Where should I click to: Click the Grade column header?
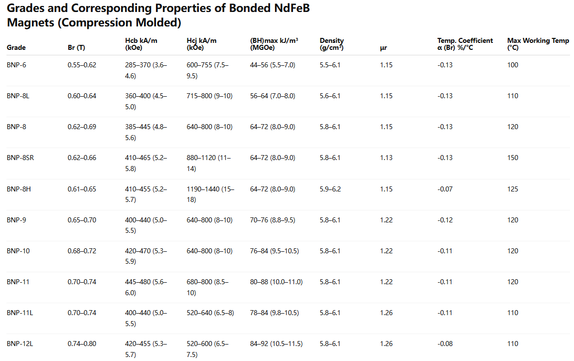[x=16, y=48]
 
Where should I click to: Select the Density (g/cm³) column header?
[x=331, y=44]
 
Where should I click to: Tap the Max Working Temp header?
[x=538, y=44]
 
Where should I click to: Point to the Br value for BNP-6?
[x=82, y=65]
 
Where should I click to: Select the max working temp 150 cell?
[x=513, y=158]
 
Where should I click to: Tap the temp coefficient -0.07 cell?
[x=445, y=189]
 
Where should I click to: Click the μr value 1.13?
[x=386, y=158]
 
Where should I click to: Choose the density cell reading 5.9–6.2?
[x=330, y=189]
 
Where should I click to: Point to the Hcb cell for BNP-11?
[x=146, y=287]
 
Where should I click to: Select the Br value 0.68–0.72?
[x=82, y=251]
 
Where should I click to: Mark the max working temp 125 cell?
[x=513, y=189]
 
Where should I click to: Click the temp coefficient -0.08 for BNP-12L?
[x=445, y=344]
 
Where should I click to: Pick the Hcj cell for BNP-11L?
[x=210, y=313]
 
